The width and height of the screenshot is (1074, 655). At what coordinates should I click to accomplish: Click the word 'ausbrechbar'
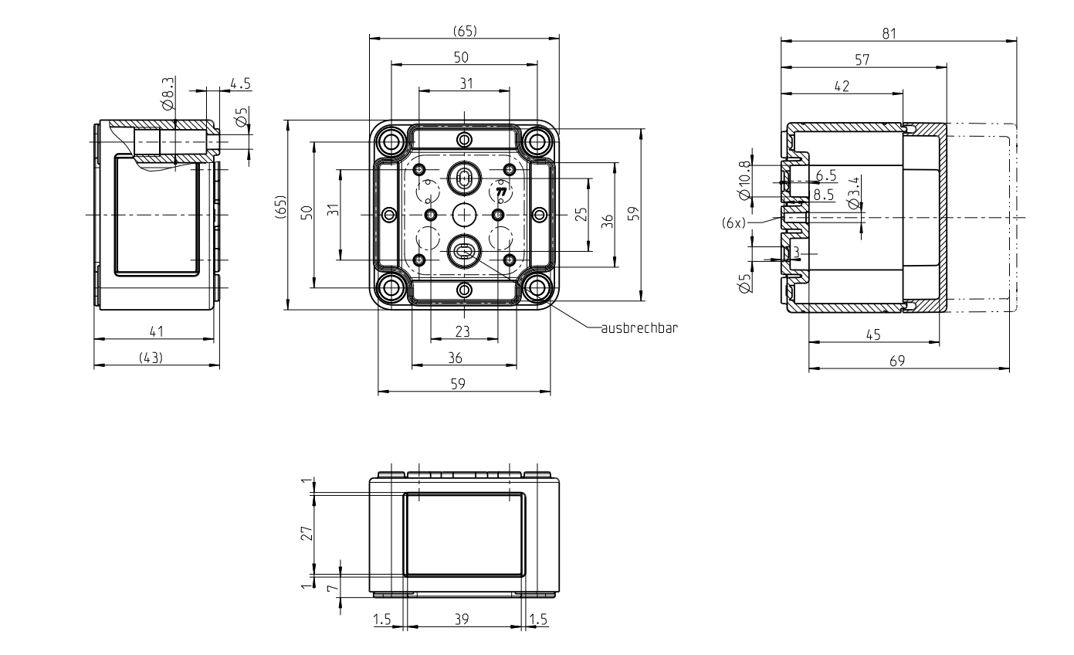click(x=639, y=328)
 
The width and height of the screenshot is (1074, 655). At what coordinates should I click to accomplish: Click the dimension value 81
click(x=889, y=33)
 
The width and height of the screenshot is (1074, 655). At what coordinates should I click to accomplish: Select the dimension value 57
click(x=862, y=60)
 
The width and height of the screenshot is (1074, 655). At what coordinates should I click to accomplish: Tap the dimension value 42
click(x=842, y=87)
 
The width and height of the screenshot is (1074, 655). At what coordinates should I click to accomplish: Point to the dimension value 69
click(x=897, y=361)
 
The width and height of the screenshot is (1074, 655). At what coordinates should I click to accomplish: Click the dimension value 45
click(x=873, y=334)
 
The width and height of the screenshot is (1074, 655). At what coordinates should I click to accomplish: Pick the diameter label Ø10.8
click(x=744, y=180)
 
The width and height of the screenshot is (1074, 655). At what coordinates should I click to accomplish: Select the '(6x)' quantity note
click(x=734, y=223)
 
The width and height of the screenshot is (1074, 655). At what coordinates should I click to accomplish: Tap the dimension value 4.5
click(x=240, y=84)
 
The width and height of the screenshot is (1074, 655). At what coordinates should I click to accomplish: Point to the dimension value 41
click(x=156, y=331)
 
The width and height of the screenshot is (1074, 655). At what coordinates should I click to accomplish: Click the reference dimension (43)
click(x=151, y=358)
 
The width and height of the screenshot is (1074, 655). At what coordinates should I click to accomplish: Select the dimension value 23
click(x=462, y=331)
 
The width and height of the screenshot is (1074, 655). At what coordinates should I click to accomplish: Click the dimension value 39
click(x=461, y=619)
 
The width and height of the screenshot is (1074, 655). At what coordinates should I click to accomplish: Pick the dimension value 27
click(x=307, y=533)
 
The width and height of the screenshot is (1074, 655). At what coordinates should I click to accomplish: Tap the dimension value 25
click(x=581, y=214)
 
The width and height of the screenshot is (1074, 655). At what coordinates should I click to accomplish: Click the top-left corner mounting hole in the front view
click(x=391, y=141)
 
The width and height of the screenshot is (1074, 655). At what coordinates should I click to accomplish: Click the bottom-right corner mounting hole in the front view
click(x=537, y=287)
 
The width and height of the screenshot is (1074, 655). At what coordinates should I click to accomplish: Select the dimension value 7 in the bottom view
click(x=332, y=588)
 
